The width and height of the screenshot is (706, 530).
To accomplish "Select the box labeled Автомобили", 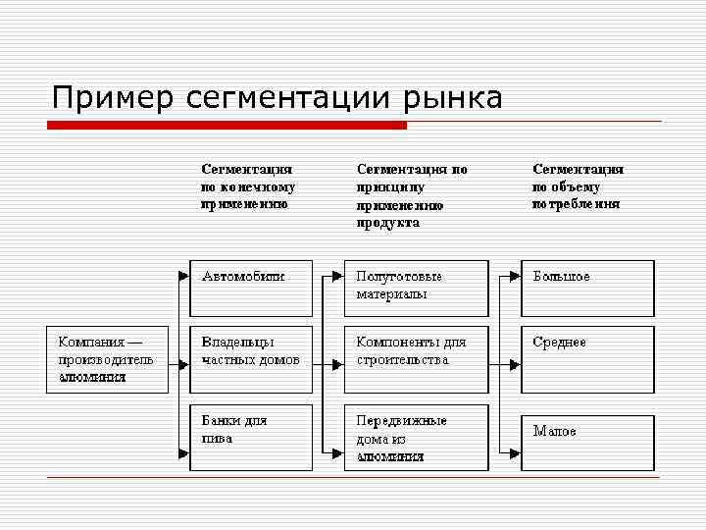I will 251,288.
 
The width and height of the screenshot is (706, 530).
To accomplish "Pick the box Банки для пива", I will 251,437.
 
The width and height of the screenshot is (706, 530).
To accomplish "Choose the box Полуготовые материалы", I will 416,288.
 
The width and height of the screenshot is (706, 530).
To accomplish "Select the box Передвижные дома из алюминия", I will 416,437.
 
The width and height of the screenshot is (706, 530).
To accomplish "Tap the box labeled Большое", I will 587,288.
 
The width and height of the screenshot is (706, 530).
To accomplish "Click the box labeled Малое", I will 587,443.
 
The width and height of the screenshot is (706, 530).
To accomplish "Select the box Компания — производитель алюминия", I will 107,359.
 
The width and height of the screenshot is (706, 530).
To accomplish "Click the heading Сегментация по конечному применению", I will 248,186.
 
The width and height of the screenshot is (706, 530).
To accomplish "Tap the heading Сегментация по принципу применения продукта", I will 411,195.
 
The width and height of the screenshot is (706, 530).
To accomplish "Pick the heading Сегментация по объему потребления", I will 579,186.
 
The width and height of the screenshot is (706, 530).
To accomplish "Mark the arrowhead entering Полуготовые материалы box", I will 338,277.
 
